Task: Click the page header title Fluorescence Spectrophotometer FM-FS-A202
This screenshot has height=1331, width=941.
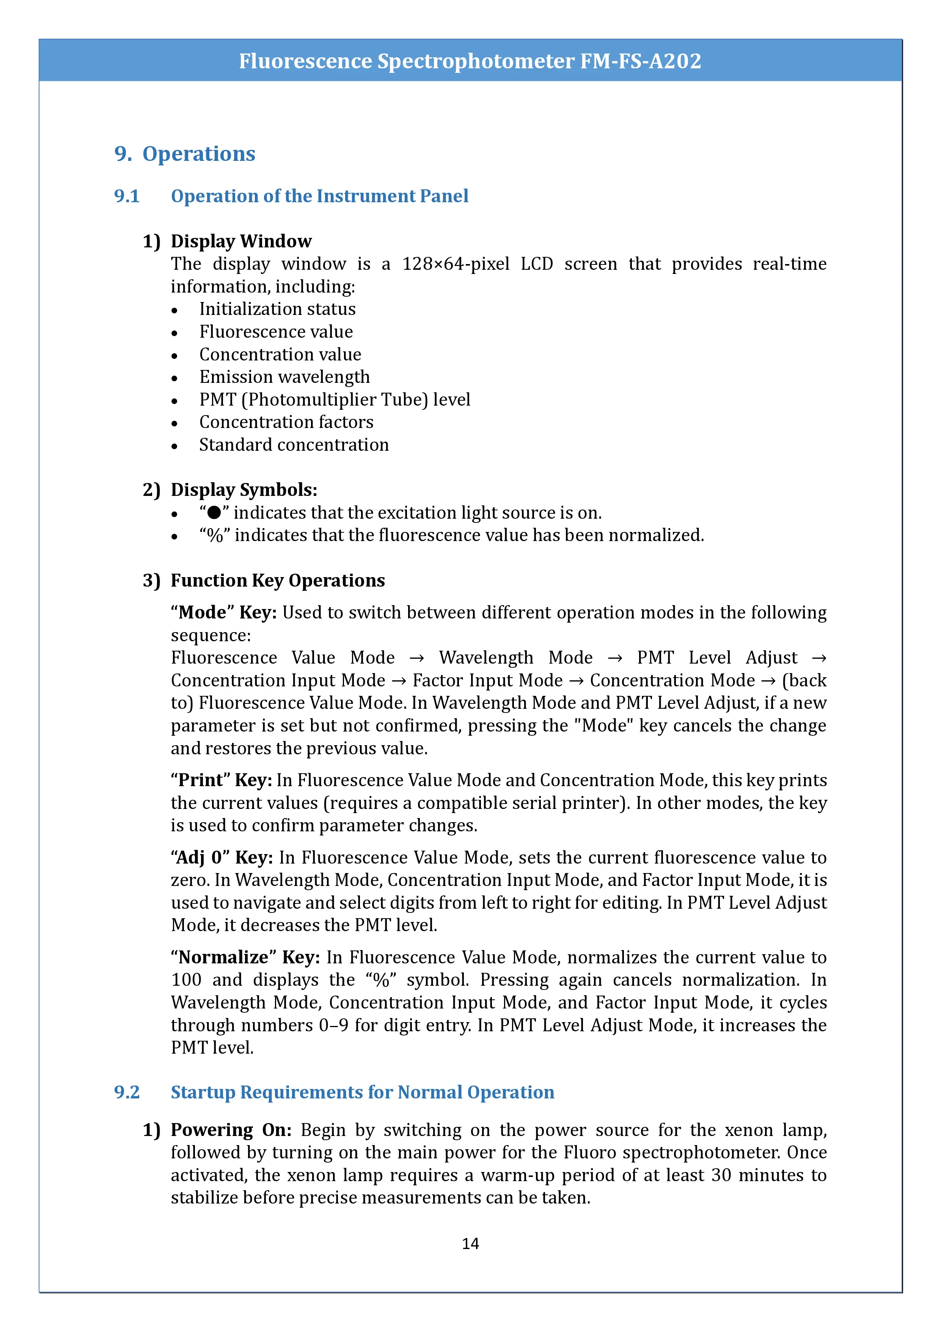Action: (x=470, y=61)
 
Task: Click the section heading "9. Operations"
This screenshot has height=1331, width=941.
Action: (x=185, y=154)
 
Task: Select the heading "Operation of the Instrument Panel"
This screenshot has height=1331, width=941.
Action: (x=319, y=196)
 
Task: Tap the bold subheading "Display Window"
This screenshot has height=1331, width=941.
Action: (x=241, y=241)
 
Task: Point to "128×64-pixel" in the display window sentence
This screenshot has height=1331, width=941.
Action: (x=456, y=264)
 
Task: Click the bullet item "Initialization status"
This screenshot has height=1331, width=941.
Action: (x=277, y=309)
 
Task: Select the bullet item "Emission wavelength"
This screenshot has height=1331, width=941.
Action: (x=284, y=377)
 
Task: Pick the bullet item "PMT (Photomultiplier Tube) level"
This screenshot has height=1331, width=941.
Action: (x=334, y=400)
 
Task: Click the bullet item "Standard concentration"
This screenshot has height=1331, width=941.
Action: (x=294, y=445)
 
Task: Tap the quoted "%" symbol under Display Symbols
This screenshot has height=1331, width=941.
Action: (x=215, y=535)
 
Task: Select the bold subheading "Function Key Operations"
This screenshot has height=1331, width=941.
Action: (x=278, y=580)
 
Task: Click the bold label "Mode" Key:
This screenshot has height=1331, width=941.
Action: (x=224, y=613)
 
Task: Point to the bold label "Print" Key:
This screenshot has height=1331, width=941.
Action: (x=222, y=780)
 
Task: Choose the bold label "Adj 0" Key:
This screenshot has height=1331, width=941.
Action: (x=222, y=857)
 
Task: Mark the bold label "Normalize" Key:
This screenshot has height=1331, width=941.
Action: (x=245, y=957)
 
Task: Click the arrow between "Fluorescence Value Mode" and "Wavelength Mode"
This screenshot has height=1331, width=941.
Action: (x=416, y=658)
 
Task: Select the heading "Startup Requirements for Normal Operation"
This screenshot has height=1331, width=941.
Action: (x=362, y=1092)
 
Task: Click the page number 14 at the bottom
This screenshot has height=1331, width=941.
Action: (x=470, y=1243)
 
